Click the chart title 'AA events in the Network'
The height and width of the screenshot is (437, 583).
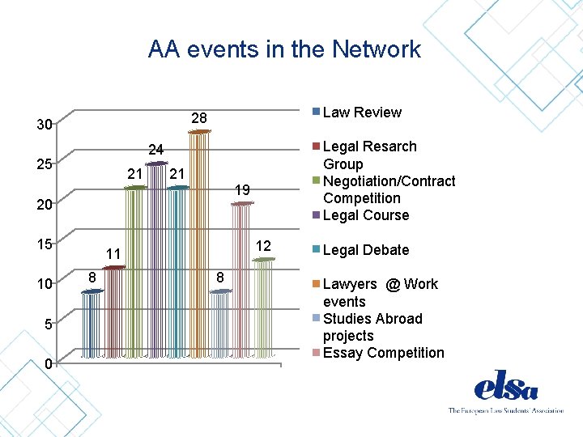point(284,49)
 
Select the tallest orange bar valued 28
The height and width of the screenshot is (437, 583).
point(199,243)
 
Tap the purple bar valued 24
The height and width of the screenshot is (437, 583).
point(156,259)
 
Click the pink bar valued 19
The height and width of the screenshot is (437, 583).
point(241,279)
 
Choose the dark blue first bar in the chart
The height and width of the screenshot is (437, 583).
point(91,324)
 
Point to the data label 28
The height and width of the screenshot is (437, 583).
point(199,119)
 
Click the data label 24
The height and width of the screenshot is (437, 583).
point(155,150)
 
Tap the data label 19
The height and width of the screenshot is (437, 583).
point(241,190)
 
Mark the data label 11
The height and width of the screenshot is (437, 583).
point(113,253)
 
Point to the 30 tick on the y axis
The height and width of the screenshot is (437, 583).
point(44,125)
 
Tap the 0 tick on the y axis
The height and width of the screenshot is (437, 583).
point(49,363)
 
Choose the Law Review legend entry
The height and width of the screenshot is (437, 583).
point(361,112)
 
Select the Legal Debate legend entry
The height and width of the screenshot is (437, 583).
point(365,250)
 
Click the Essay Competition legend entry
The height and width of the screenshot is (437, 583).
point(383,353)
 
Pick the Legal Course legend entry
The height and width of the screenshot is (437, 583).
point(365,215)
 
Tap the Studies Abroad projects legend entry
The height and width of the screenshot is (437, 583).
point(372,327)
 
